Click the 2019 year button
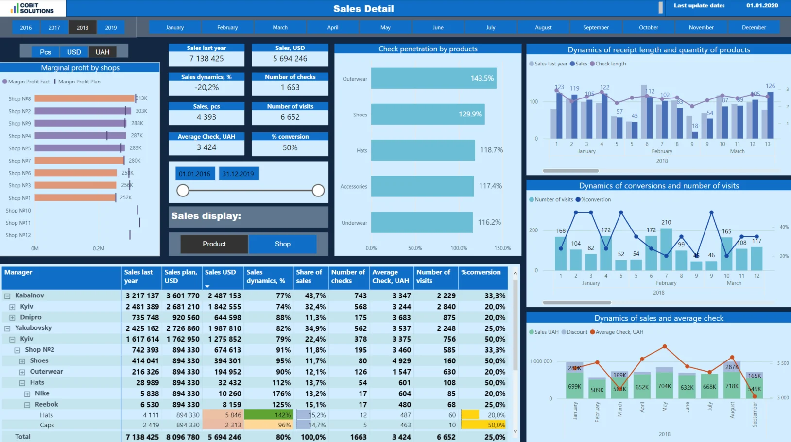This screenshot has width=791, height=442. click(x=111, y=28)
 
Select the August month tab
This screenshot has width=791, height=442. click(x=543, y=28)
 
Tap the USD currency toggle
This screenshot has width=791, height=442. click(x=74, y=52)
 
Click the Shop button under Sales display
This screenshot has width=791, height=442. click(x=282, y=244)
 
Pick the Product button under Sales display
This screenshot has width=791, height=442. click(x=214, y=244)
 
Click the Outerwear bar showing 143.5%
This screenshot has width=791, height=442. click(x=433, y=78)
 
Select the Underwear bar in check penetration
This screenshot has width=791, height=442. click(x=421, y=222)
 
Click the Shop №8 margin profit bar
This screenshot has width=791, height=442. click(x=84, y=98)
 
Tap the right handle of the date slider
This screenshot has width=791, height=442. click(x=318, y=191)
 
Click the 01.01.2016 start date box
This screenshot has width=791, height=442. click(x=194, y=174)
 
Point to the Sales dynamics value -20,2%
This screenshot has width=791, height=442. click(x=206, y=88)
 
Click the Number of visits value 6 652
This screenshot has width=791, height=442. click(x=290, y=117)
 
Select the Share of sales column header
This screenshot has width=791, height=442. click(x=309, y=277)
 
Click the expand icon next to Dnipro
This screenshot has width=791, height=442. click(x=12, y=318)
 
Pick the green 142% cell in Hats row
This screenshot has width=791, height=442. click(x=269, y=415)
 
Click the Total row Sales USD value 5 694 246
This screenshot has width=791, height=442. click(x=224, y=437)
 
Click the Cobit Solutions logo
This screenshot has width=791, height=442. click(x=32, y=8)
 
